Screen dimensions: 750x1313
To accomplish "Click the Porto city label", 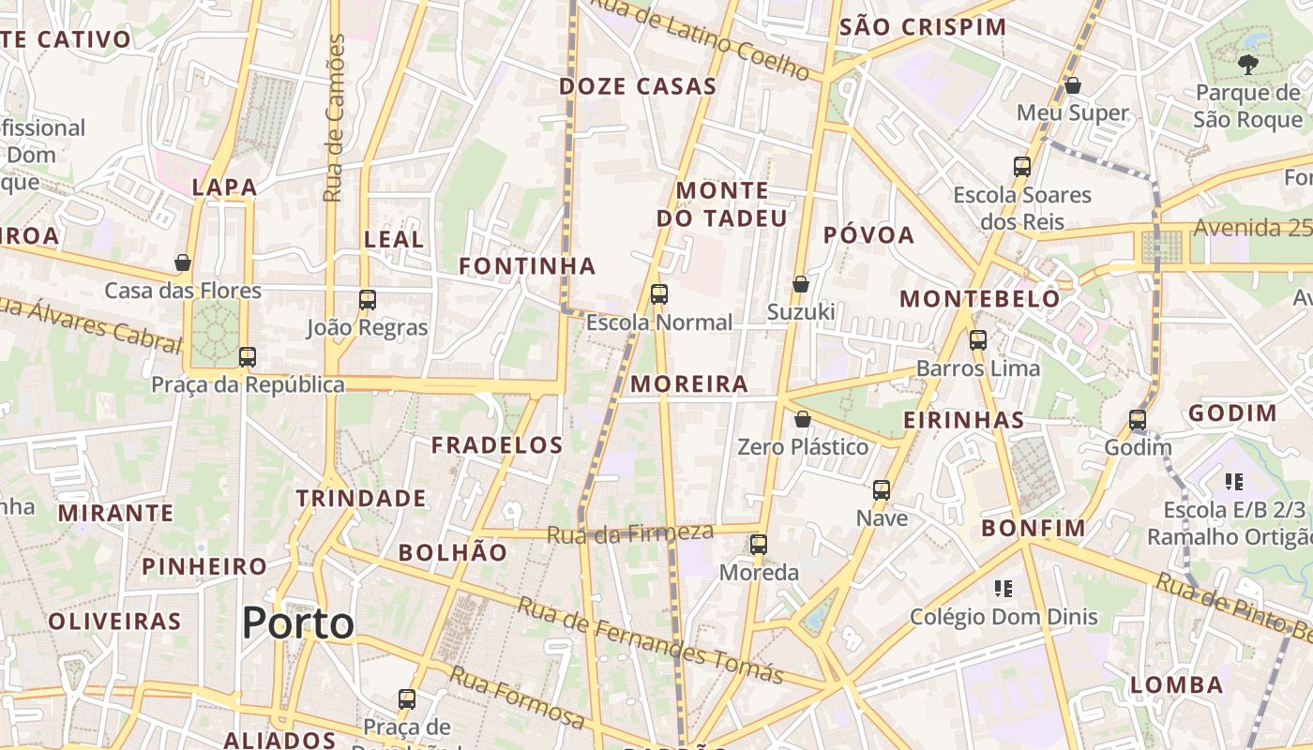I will click(x=298, y=623).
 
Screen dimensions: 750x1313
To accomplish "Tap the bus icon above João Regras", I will click(x=368, y=300).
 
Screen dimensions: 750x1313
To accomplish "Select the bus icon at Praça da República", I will click(x=248, y=357).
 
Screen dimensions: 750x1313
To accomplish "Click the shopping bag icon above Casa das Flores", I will click(x=183, y=262).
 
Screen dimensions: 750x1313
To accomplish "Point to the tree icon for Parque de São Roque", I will click(x=1247, y=64).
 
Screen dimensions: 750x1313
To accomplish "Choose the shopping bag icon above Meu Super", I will click(x=1073, y=85).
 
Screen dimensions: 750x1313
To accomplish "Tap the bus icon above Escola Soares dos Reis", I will click(x=1022, y=167).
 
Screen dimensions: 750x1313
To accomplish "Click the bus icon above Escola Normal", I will click(x=659, y=294).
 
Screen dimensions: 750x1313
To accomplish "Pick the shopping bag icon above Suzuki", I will click(x=801, y=283).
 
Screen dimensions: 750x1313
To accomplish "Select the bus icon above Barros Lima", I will click(x=978, y=340).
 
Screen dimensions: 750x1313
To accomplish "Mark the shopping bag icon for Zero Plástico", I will click(x=803, y=419).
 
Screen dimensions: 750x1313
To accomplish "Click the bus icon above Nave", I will click(x=882, y=489).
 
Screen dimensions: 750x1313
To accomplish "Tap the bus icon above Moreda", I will click(x=759, y=544).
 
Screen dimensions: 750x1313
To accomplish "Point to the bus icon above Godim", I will click(x=1138, y=420).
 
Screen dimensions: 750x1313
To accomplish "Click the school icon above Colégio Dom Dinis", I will click(x=1004, y=589).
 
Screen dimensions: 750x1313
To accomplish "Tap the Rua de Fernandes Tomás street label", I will click(x=650, y=641).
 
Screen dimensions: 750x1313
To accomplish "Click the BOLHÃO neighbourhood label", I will click(x=452, y=552).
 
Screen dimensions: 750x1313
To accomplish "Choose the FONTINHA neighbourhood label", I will click(x=527, y=266).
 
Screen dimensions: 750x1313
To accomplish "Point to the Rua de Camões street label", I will click(x=335, y=117).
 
